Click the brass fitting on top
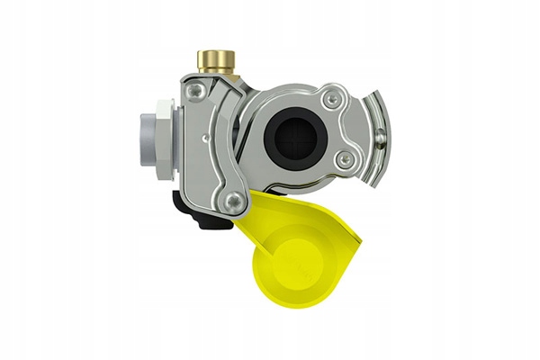[x=216, y=61]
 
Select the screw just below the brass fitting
[x=195, y=91]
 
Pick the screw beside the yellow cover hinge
[x=234, y=202]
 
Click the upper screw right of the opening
[x=332, y=99]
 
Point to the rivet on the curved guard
[x=381, y=137]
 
